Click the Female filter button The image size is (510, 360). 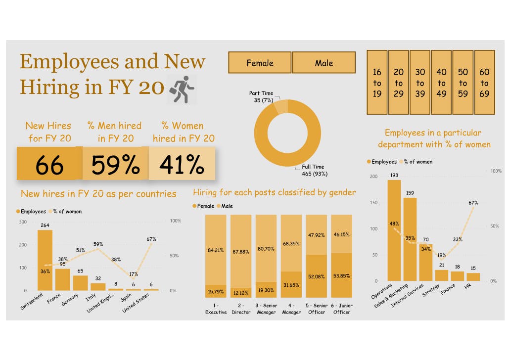click(x=260, y=63)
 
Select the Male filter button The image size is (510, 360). click(x=324, y=63)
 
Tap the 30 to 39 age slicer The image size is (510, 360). click(x=420, y=83)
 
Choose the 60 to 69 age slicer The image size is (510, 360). click(x=484, y=83)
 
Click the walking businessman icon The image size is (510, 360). click(x=182, y=90)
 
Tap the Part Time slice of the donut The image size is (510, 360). click(x=280, y=107)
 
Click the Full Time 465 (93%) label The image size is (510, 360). click(x=315, y=171)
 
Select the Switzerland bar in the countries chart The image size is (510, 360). click(x=45, y=260)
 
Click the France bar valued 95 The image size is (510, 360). click(x=63, y=279)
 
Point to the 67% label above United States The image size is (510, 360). click(x=151, y=239)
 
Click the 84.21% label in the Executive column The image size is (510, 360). click(x=216, y=250)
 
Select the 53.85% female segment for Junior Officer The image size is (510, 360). click(x=341, y=275)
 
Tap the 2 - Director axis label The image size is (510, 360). click(x=241, y=309)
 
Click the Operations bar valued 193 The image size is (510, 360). click(x=394, y=230)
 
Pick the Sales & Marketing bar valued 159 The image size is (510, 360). click(x=410, y=239)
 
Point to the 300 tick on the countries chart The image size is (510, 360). click(x=23, y=222)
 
